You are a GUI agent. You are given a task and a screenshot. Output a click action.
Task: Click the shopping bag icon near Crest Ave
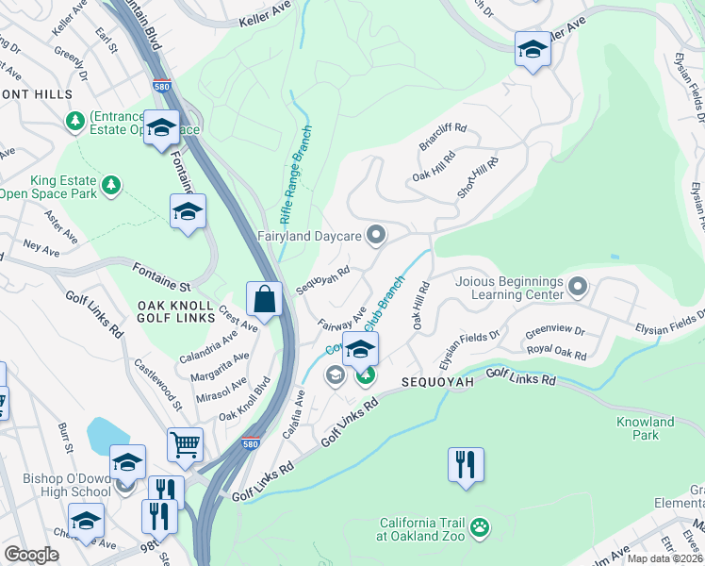click(x=266, y=299)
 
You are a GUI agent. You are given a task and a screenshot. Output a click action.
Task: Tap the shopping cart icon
click(x=186, y=444)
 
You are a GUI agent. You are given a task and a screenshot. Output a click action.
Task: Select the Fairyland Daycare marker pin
click(x=377, y=235)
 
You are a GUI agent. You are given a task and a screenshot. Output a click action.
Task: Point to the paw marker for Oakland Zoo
click(x=480, y=526)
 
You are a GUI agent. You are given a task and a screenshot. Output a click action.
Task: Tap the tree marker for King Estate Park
click(x=112, y=183)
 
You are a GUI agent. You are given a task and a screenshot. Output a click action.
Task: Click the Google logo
click(x=31, y=555)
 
